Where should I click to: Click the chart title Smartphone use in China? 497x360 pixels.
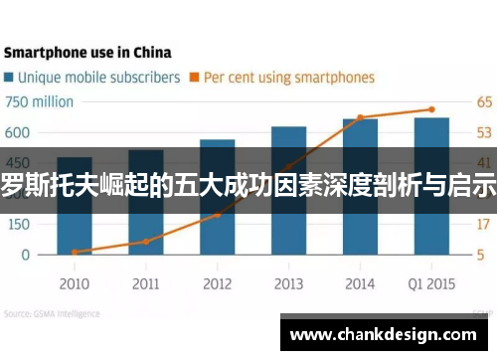(x=87, y=52)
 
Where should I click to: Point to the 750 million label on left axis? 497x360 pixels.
(x=40, y=101)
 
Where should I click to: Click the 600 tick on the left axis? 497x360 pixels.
(x=19, y=132)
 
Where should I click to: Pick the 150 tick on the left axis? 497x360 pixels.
(x=19, y=224)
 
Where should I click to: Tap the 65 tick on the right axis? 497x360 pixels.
(x=483, y=101)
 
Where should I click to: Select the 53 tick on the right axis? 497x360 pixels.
(x=483, y=132)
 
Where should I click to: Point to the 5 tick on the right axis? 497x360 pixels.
(x=481, y=255)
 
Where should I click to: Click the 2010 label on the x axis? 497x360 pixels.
(x=74, y=283)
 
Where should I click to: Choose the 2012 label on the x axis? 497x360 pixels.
(x=217, y=283)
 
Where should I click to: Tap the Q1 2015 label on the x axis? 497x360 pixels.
(x=430, y=283)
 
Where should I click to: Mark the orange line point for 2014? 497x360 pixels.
(x=360, y=117)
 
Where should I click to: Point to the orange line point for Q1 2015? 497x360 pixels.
(x=431, y=109)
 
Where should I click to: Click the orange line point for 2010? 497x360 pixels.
(x=75, y=252)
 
